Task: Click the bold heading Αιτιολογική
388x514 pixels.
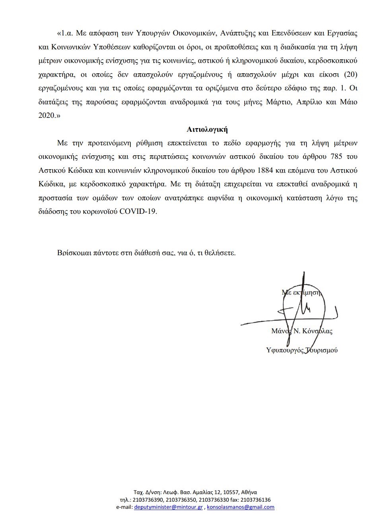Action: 207,129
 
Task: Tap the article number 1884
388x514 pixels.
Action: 265,170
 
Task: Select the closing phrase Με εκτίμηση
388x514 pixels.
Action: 301,292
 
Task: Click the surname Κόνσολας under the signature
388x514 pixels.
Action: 317,331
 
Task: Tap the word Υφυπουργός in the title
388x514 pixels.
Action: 285,350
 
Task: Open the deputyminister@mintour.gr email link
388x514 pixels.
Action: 169,507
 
